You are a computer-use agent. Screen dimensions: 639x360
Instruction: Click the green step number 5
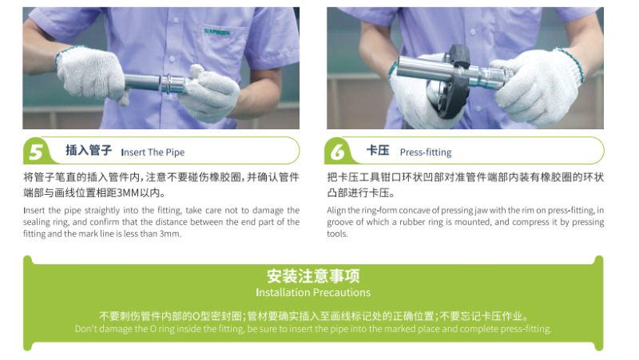click(x=36, y=152)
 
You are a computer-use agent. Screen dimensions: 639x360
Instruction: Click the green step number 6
click(x=337, y=152)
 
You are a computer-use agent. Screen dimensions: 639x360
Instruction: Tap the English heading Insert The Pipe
click(x=153, y=152)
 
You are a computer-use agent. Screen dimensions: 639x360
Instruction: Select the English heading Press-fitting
click(x=426, y=152)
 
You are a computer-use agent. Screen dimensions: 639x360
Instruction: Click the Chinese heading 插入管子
click(x=89, y=150)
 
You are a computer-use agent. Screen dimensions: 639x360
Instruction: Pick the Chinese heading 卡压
click(x=378, y=150)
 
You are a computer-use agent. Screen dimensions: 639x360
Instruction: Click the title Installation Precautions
click(x=313, y=292)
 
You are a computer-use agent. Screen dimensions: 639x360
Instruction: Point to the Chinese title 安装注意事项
click(x=313, y=276)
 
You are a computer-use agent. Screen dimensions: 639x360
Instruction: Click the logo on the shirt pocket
click(x=217, y=32)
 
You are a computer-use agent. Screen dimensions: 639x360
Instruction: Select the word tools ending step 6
click(x=337, y=234)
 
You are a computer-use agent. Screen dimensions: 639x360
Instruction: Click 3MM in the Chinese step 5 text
click(x=128, y=192)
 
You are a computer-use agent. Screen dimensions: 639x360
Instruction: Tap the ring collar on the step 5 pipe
click(x=167, y=84)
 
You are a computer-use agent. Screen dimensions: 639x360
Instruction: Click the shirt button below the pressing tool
click(x=478, y=109)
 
